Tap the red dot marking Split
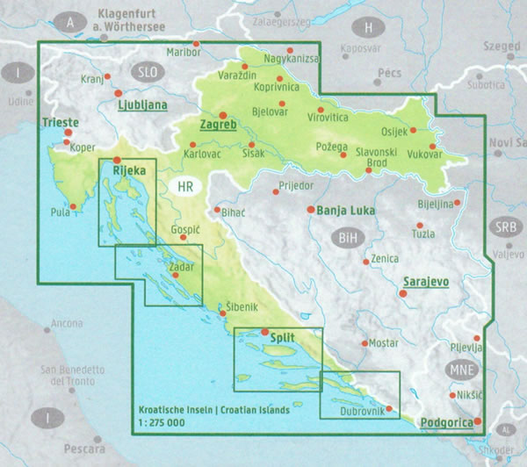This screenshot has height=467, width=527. pos(265,332)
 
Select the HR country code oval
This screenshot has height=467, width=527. pos(185,187)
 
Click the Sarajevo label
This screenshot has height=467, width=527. pos(426,282)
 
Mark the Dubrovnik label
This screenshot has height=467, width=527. pos(358,411)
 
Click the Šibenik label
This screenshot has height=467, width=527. pos(242,306)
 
